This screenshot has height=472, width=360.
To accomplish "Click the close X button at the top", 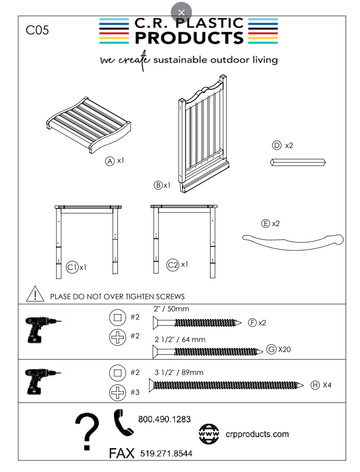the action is tap(181, 12).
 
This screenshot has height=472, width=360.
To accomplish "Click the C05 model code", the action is tap(37, 30).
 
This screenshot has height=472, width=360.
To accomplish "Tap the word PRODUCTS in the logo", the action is tap(189, 38).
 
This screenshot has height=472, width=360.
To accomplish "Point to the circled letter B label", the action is tap(158, 185).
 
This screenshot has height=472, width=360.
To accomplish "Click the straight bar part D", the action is tap(298, 162).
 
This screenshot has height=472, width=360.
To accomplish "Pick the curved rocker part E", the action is tap(293, 242).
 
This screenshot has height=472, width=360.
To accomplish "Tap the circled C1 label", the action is tap(72, 267).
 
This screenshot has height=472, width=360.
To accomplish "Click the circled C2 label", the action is tap(173, 265).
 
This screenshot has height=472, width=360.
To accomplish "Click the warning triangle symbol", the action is tap(35, 294).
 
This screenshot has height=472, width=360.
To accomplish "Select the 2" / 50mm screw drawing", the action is tap(197, 323).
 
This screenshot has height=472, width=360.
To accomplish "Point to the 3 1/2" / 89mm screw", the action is tap(226, 385).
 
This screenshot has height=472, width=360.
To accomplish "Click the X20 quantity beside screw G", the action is tap(285, 349).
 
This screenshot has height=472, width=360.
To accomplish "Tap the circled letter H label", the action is tap(315, 385).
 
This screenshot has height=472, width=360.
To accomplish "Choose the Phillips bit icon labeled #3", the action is tap(117, 393).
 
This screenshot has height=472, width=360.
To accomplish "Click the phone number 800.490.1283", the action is tap(164, 419).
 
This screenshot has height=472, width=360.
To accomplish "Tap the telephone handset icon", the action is tap(122, 423).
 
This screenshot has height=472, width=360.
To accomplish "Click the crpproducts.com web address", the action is tap(257, 434).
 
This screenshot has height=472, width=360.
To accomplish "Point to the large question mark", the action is tap(87, 431).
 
